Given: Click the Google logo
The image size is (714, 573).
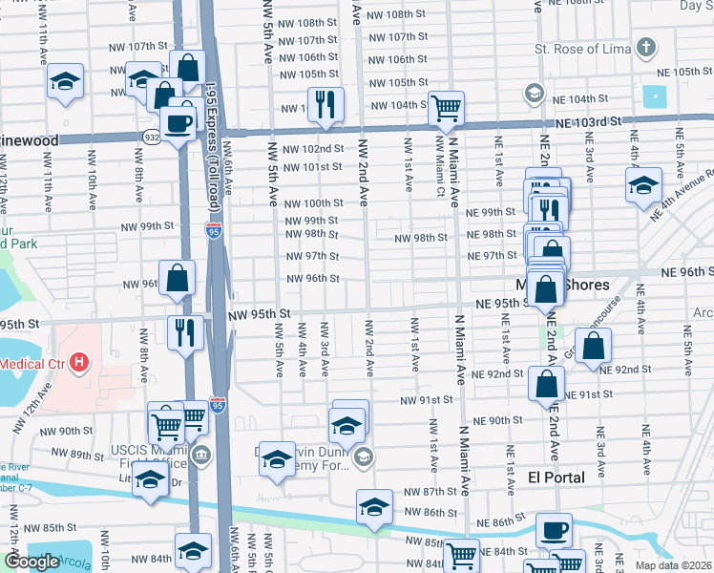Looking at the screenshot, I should pos(31,562).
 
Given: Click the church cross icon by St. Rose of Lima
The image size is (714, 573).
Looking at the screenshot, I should pos(646,47).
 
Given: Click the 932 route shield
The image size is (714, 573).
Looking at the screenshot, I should pos(153,138).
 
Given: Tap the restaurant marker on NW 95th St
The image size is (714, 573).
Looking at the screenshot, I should pos(184,331).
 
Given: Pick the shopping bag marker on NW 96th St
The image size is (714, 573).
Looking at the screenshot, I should pos(178,279).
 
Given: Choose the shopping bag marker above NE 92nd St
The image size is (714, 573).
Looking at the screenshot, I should pos(594,346).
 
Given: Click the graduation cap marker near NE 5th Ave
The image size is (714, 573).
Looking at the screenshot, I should pos(643,184).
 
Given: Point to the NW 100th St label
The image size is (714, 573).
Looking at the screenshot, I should pos(317,203).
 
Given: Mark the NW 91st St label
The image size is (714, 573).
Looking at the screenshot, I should pos(427,400).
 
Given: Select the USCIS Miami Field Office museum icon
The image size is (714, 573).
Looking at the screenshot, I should pos(199,453).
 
